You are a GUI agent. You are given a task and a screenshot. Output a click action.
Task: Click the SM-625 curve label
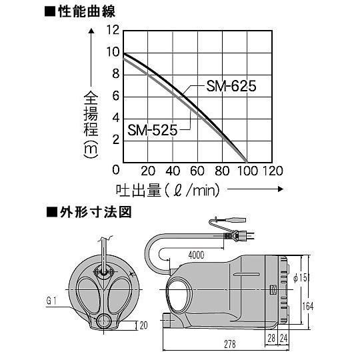click(231, 86)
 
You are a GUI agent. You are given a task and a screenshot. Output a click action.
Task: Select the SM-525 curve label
click(153, 130)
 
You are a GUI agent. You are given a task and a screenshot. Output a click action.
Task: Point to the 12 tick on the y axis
click(113, 29)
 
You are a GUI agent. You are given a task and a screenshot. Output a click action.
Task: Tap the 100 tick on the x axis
click(247, 171)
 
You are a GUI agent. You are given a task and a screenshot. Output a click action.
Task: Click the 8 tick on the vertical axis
click(116, 74)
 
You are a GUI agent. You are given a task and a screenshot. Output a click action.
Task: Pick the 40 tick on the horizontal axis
click(173, 171)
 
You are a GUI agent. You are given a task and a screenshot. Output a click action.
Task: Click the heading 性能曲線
click(87, 12)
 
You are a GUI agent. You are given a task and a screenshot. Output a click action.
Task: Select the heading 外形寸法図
click(96, 212)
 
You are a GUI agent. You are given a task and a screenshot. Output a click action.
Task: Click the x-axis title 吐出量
click(138, 190)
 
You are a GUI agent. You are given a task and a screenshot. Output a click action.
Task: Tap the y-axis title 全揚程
click(91, 113)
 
